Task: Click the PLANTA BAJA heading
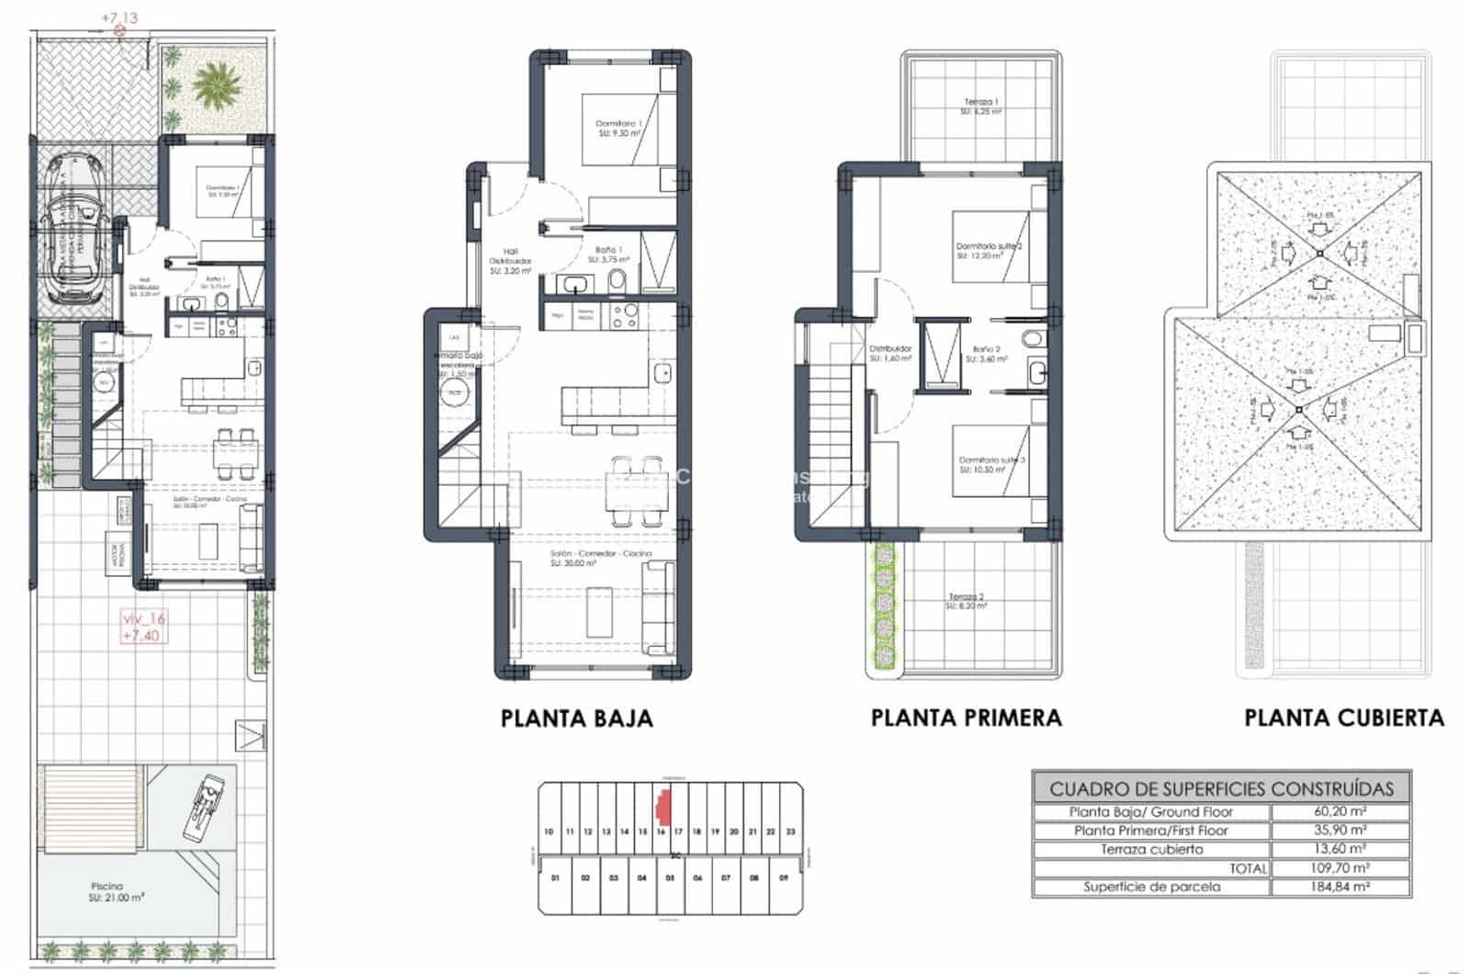click(x=577, y=719)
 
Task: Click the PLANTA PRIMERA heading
click(x=966, y=718)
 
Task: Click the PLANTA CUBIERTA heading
click(x=1344, y=718)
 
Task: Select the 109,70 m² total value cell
click(x=1340, y=867)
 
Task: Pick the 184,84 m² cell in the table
click(x=1340, y=887)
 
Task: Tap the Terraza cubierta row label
click(x=1151, y=849)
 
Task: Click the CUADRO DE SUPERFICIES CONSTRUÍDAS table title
click(x=1221, y=788)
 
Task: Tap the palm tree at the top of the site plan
click(x=210, y=87)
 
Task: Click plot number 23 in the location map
click(x=790, y=832)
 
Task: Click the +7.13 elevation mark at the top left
click(x=119, y=17)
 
